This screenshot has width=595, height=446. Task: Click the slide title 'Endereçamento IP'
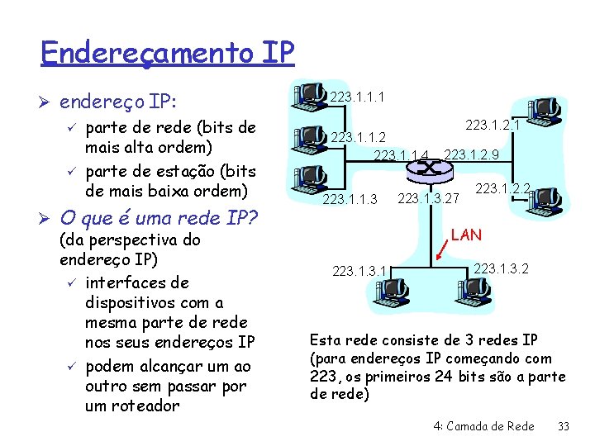click(167, 54)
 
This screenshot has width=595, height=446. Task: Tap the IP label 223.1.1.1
click(356, 98)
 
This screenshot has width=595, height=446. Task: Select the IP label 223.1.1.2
click(358, 136)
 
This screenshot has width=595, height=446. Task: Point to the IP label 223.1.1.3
click(350, 199)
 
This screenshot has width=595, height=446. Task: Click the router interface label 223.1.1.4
click(402, 154)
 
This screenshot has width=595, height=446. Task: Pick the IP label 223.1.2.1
click(493, 125)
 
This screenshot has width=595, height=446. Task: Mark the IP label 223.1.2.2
click(502, 189)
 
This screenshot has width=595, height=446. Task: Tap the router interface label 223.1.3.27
click(428, 198)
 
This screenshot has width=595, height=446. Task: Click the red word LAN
click(467, 235)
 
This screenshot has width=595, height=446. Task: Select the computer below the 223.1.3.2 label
click(472, 290)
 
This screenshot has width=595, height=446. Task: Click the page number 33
click(564, 426)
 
